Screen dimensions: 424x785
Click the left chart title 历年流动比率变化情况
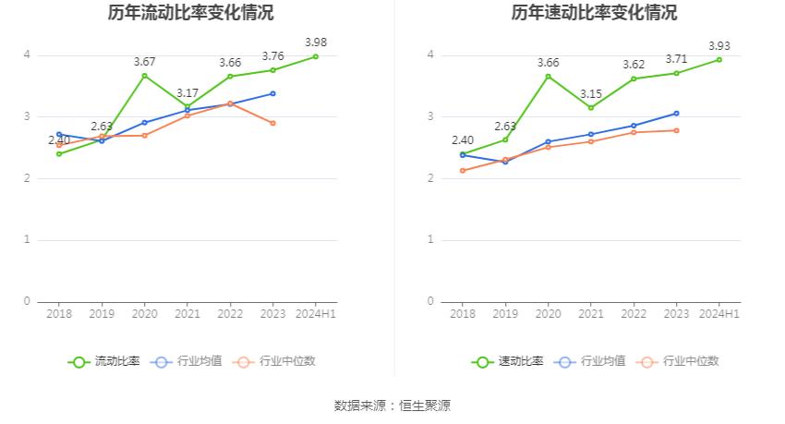(190, 13)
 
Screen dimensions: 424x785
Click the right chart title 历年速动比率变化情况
(594, 13)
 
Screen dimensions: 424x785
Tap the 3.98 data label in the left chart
(315, 42)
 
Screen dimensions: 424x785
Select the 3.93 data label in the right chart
(719, 45)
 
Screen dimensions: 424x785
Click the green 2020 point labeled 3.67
(144, 76)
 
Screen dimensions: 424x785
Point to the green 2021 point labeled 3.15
(591, 108)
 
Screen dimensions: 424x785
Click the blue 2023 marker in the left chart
(272, 93)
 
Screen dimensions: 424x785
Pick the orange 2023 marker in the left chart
(272, 123)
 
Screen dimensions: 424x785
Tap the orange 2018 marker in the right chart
(463, 171)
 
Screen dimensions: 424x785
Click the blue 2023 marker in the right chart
(676, 114)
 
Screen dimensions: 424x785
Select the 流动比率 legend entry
(104, 361)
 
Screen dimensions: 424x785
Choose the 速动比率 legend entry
(508, 361)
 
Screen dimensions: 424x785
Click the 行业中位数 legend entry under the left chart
(276, 361)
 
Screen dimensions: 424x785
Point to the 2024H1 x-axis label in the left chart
(315, 314)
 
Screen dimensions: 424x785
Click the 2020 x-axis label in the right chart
(548, 314)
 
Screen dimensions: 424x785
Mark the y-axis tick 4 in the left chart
(27, 55)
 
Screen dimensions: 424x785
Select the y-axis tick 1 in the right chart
(430, 240)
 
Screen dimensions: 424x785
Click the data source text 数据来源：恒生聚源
(392, 406)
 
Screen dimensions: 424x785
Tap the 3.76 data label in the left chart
(272, 56)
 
